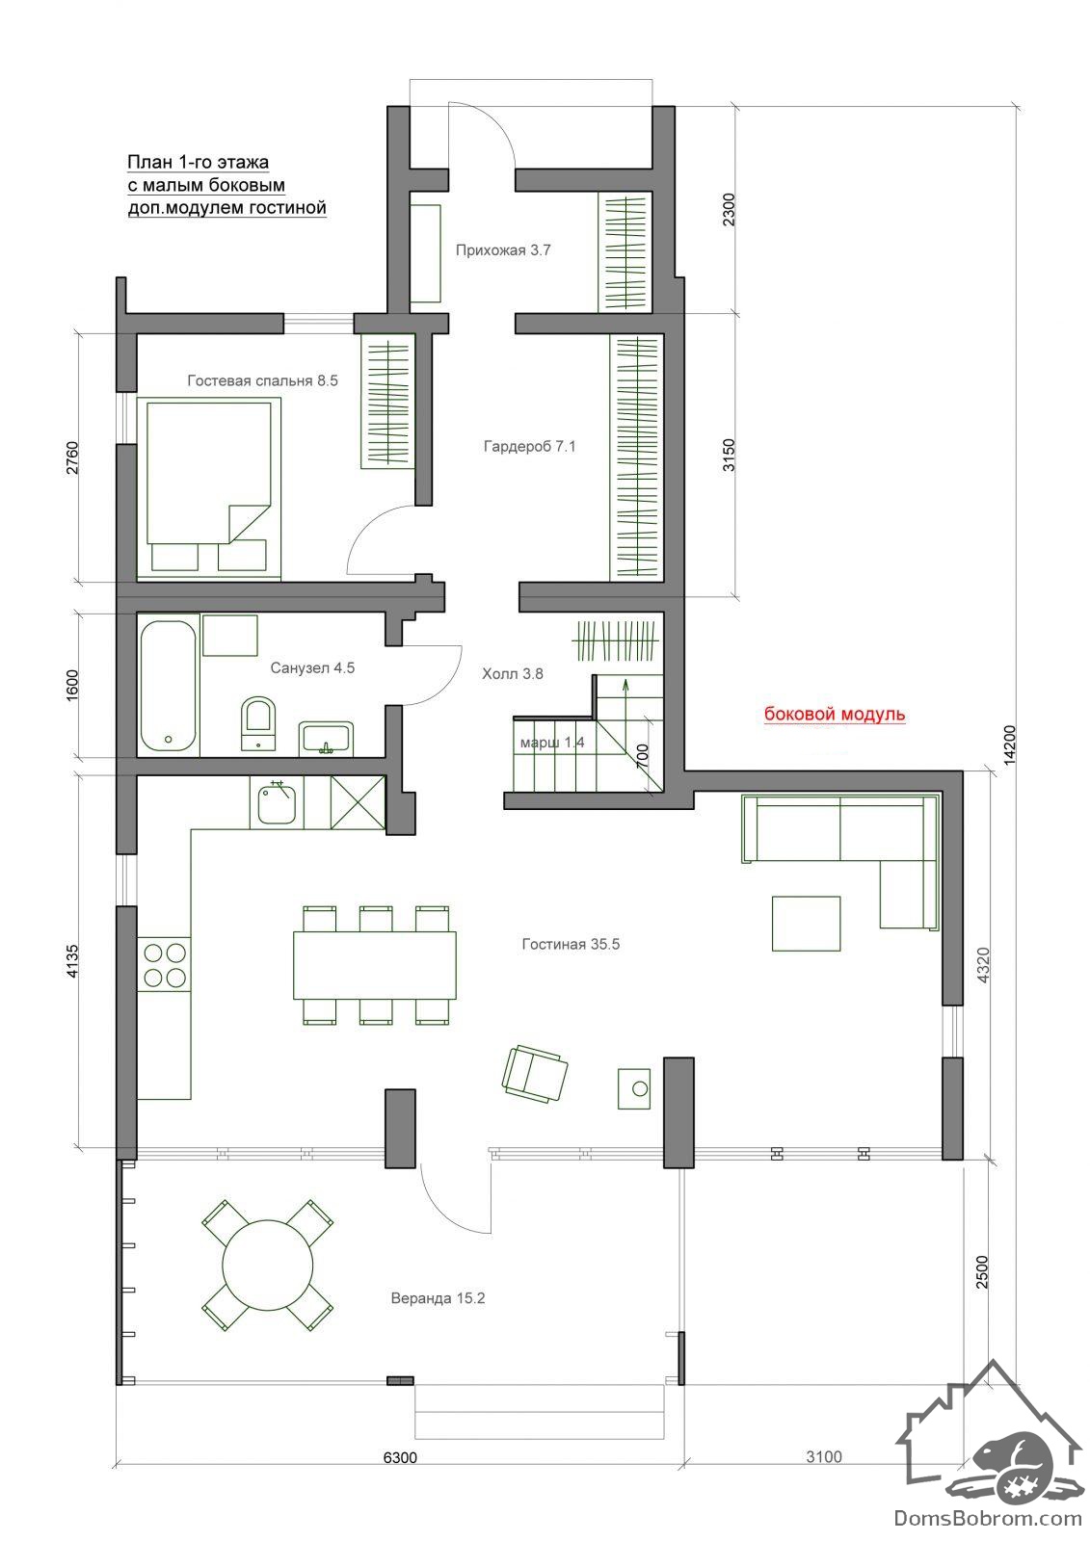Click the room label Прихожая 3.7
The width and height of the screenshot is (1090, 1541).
tap(503, 250)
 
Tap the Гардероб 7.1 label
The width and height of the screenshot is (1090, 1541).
tap(529, 447)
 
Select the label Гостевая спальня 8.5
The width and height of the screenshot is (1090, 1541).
tap(262, 381)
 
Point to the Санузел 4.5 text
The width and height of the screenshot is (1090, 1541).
tap(312, 668)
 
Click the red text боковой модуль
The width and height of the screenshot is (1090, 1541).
tap(835, 714)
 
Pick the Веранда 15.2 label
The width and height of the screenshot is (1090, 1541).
tap(438, 1298)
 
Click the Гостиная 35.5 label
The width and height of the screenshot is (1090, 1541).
tap(571, 945)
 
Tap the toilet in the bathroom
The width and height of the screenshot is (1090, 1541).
tap(258, 722)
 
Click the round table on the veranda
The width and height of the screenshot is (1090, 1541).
tap(269, 1267)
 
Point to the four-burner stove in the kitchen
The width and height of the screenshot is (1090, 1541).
tap(164, 964)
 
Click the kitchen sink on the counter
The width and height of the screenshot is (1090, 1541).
tap(277, 803)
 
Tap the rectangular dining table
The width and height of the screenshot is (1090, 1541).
tap(375, 964)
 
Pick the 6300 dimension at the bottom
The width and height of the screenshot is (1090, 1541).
tap(400, 1458)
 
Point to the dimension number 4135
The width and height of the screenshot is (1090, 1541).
tap(72, 961)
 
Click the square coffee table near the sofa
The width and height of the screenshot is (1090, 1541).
tap(806, 924)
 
